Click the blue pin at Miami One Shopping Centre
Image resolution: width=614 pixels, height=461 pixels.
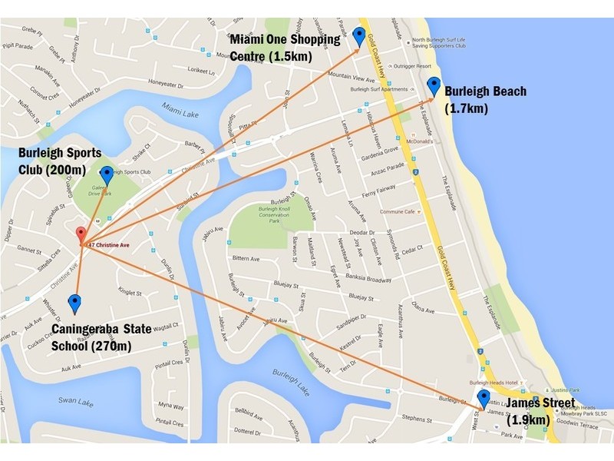(x=359, y=35)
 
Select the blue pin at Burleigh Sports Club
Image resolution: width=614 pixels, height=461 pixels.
(x=106, y=175)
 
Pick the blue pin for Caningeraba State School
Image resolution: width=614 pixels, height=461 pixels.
(x=74, y=303)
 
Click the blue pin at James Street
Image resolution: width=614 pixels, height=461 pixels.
(x=484, y=399)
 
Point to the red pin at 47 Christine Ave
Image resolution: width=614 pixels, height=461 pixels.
(x=80, y=235)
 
